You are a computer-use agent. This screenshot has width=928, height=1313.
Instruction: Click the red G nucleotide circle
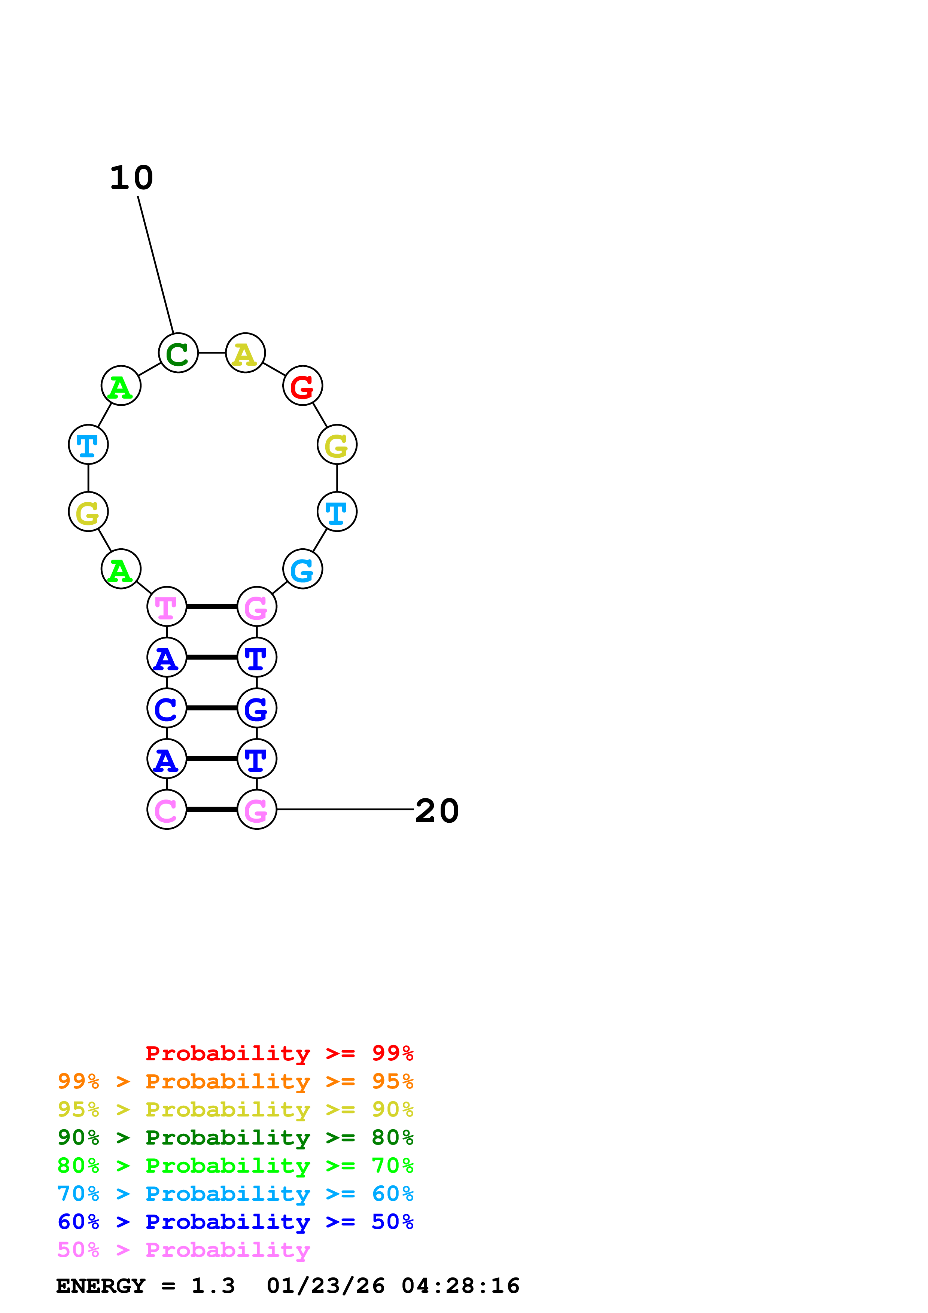[x=302, y=386]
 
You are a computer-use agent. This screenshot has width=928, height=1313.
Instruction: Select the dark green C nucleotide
[x=179, y=353]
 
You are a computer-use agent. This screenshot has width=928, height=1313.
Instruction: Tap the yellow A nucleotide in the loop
[x=245, y=353]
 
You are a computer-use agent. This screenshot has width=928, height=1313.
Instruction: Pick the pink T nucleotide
[x=167, y=606]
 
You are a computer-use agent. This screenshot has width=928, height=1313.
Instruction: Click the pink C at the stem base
[x=167, y=809]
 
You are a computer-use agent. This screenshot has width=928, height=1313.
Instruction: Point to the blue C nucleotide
[x=167, y=708]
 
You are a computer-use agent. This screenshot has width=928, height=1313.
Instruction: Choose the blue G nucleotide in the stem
[x=257, y=708]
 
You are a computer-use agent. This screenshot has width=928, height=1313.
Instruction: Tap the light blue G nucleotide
[x=302, y=569]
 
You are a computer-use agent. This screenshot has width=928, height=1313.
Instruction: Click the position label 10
[x=131, y=178]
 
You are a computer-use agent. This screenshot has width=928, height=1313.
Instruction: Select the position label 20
[x=437, y=811]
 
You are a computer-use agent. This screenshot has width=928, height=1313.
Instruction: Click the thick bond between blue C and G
[x=212, y=708]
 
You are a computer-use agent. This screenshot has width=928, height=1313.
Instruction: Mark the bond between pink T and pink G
[x=212, y=606]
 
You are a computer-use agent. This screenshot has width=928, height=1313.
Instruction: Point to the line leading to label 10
[x=155, y=264]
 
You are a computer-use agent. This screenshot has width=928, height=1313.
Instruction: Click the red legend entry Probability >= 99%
[x=279, y=1053]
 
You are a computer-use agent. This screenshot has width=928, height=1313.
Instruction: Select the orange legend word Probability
[x=228, y=1081]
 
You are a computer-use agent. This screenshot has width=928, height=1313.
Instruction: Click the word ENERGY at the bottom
[x=101, y=1286]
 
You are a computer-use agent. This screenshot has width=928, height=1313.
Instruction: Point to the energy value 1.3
[x=213, y=1286]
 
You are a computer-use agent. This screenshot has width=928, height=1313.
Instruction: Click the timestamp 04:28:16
[x=460, y=1286]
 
